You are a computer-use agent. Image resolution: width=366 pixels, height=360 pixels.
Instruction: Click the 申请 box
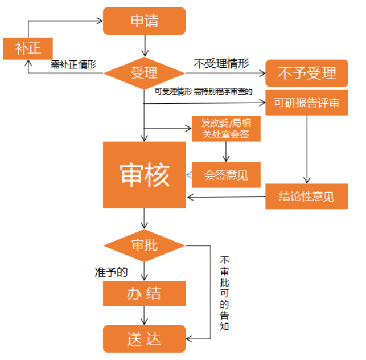[x=144, y=21]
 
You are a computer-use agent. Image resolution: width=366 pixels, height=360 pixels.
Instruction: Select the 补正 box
[x=28, y=48]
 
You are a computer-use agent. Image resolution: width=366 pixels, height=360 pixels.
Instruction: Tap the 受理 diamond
[x=144, y=73]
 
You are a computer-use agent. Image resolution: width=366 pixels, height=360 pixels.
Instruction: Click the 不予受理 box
[x=306, y=73]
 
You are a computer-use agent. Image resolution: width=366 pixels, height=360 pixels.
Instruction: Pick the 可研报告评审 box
[x=306, y=103]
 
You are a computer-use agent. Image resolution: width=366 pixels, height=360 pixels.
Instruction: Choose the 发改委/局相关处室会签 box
[x=227, y=129]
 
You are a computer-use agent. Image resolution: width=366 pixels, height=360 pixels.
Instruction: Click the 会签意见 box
[x=226, y=175]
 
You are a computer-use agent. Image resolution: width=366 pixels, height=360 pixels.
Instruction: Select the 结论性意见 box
[x=306, y=197]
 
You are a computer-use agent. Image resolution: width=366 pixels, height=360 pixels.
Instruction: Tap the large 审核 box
[x=144, y=175]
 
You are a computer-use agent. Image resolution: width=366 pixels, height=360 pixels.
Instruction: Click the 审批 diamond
[x=144, y=246]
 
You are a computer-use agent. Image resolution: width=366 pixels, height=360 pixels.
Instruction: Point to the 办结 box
[x=144, y=293]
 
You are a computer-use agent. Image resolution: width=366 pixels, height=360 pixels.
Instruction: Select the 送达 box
[x=144, y=338]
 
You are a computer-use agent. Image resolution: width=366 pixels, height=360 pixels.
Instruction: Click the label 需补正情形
[x=73, y=64]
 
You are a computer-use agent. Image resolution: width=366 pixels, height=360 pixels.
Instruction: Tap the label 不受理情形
[x=221, y=64]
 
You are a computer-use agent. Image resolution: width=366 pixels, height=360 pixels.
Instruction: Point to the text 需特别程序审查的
[x=223, y=91]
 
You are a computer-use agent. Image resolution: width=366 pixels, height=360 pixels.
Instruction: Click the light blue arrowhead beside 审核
[x=189, y=174]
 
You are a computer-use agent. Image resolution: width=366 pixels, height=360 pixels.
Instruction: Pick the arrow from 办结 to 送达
[x=145, y=316]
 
